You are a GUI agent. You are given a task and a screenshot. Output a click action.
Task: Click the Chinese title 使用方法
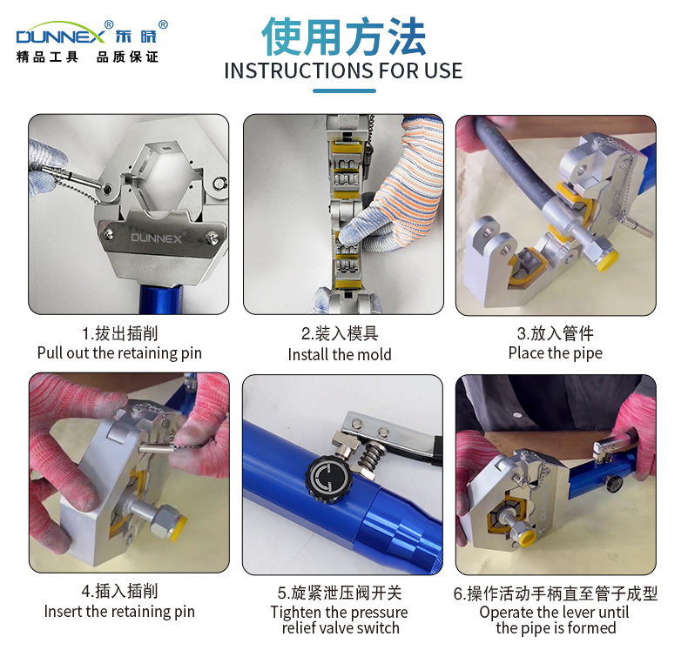[343, 37]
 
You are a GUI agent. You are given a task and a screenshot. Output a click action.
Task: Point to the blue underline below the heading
[344, 91]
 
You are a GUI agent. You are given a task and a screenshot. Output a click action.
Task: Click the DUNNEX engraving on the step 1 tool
[156, 238]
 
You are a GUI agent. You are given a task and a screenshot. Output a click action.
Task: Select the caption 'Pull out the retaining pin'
[119, 352]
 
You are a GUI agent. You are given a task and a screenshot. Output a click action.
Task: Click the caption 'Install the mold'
[340, 354]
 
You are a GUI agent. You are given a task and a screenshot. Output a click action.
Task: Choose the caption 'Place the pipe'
[555, 352]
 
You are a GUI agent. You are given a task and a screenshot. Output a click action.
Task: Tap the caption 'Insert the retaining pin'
[119, 612]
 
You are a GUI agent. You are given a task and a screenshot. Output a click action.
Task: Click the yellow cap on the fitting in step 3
[607, 260]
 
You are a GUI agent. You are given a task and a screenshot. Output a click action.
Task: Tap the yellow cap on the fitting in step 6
[527, 537]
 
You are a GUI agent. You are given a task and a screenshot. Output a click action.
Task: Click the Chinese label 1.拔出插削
[119, 333]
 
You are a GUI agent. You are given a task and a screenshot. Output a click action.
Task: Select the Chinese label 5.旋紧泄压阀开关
[340, 593]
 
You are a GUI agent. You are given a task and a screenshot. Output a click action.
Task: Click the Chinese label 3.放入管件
[555, 333]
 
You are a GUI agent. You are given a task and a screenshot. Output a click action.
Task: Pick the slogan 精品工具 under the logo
[47, 57]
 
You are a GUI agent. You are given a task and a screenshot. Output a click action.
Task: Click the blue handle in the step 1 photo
[160, 299]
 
